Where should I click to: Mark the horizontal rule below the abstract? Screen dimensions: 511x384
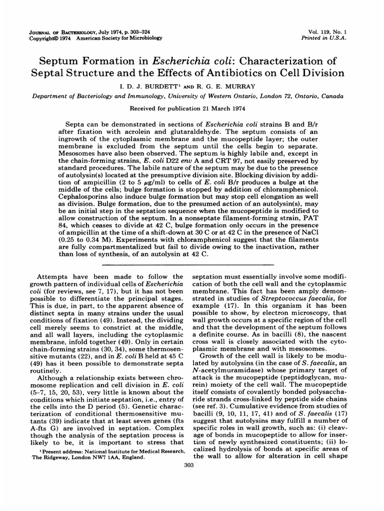(191, 264)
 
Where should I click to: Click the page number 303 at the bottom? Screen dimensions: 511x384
(191, 466)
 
